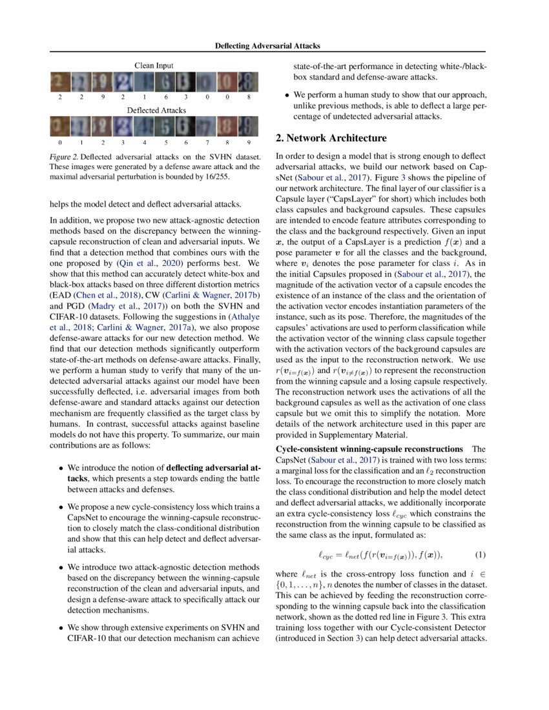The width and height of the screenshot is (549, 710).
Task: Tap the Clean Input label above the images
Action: pyautogui.click(x=154, y=66)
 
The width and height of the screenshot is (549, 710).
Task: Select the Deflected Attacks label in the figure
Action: pyautogui.click(x=153, y=110)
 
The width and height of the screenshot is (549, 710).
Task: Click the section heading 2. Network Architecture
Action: pyautogui.click(x=331, y=138)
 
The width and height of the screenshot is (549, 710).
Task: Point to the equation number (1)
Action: pyautogui.click(x=480, y=554)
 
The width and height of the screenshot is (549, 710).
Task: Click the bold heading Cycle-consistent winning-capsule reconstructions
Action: pyautogui.click(x=369, y=448)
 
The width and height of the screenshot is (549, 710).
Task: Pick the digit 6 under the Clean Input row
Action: pyautogui.click(x=166, y=96)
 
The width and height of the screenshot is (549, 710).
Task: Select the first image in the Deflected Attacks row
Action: pyautogui.click(x=60, y=126)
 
